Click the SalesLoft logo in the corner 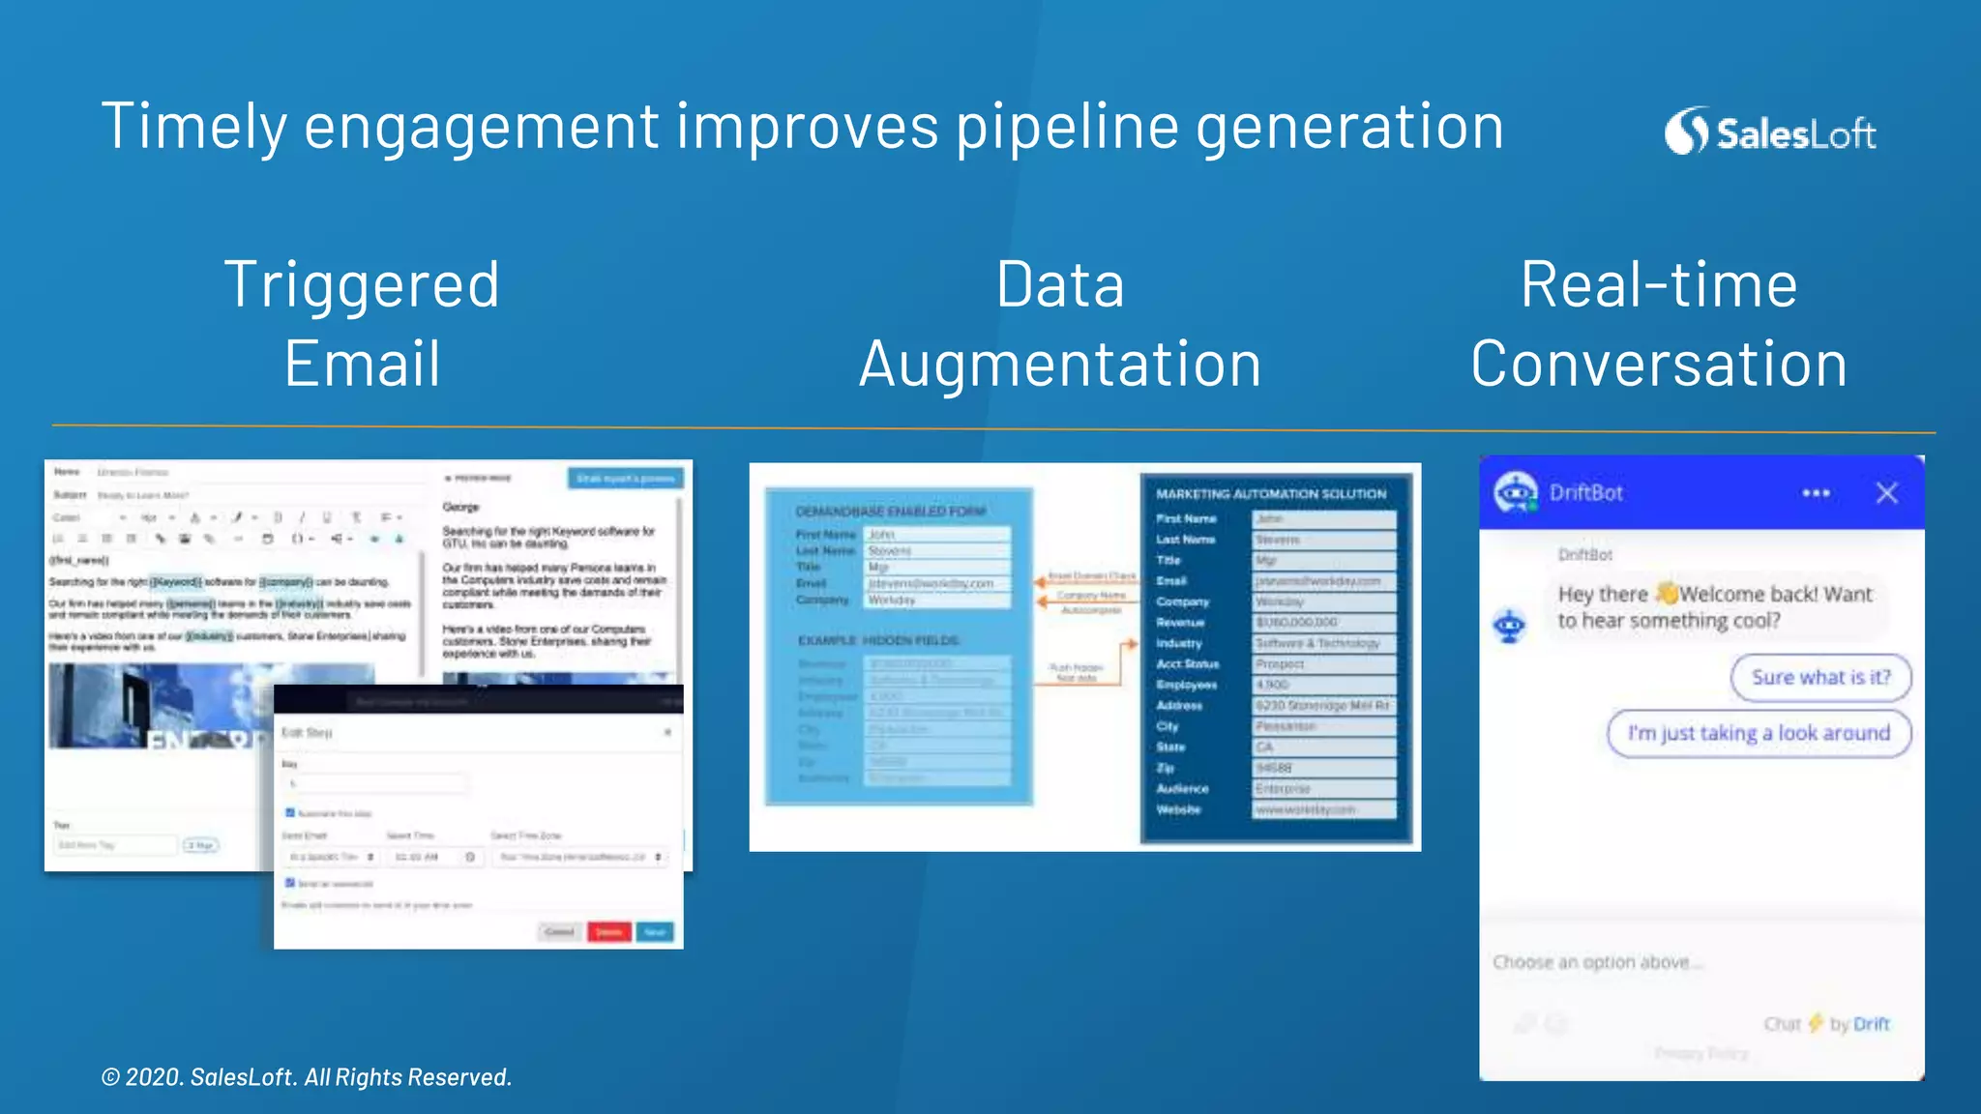click(x=1770, y=132)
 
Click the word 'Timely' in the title click(x=192, y=127)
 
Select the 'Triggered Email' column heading click(x=362, y=324)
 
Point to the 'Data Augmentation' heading click(x=1060, y=324)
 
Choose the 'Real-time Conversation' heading click(x=1659, y=324)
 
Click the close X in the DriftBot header click(x=1886, y=493)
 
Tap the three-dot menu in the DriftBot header click(x=1816, y=493)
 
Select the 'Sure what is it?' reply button click(x=1820, y=677)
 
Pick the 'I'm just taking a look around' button click(x=1759, y=733)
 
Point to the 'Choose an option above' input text click(x=1596, y=962)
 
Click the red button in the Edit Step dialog click(x=608, y=931)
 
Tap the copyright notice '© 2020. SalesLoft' click(x=306, y=1077)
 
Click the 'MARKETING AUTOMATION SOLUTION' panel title click(x=1271, y=494)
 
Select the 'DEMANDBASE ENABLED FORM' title click(x=891, y=512)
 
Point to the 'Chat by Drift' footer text click(x=1826, y=1024)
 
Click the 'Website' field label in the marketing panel click(x=1178, y=809)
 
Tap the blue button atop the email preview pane click(x=625, y=479)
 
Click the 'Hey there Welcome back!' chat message click(x=1714, y=607)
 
